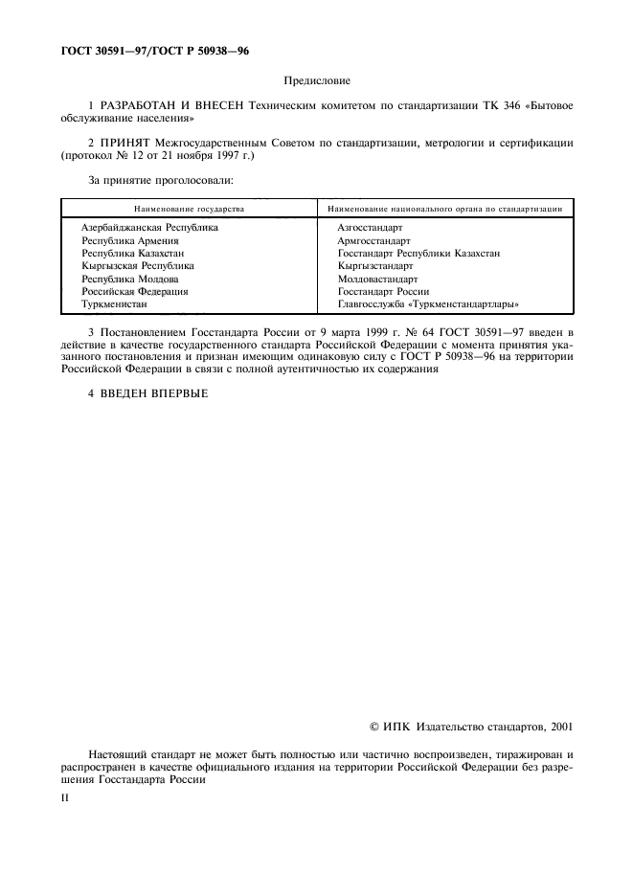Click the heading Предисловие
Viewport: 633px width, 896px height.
(x=316, y=82)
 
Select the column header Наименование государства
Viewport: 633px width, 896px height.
(x=189, y=208)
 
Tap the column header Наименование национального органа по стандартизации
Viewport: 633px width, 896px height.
(x=444, y=208)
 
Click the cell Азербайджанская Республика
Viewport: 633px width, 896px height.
(x=149, y=228)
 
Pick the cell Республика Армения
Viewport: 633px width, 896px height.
(x=124, y=241)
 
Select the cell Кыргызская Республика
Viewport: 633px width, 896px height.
(x=138, y=266)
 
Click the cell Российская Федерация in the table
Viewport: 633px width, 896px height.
(x=134, y=291)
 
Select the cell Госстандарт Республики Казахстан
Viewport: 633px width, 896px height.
(x=418, y=254)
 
